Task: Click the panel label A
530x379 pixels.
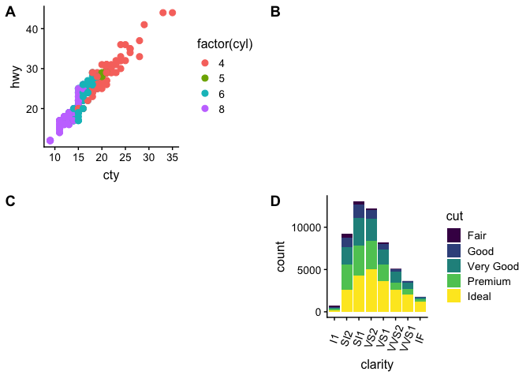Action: pos(10,12)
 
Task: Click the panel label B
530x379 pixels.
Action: pos(275,12)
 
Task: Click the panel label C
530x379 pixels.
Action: pos(10,201)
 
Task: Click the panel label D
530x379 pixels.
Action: pos(275,201)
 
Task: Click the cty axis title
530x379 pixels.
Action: pos(111,175)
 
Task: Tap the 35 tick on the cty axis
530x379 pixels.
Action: pos(172,158)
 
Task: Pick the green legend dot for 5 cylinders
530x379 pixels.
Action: pos(205,78)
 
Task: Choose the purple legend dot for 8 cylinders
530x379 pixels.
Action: pos(205,109)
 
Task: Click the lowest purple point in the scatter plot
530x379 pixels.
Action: pos(50,141)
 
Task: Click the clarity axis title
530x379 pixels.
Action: pos(376,366)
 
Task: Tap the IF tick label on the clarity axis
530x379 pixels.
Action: pos(421,338)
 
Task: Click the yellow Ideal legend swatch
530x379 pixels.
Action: pos(454,295)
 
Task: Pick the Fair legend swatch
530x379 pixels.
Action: pos(454,235)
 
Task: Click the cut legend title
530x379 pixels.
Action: pos(453,216)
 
